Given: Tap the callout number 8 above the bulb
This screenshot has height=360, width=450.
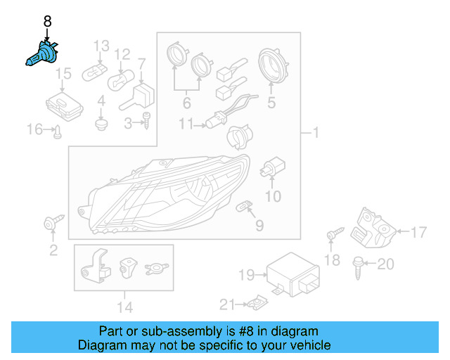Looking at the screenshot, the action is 47,22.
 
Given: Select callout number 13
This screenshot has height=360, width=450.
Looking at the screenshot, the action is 102,46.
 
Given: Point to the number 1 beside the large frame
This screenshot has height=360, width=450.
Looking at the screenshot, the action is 315,133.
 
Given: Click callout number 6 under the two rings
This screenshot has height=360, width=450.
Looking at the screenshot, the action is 187,103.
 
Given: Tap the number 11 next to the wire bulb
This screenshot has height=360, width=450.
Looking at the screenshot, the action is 186,124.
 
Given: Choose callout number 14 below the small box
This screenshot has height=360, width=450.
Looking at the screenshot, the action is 124,306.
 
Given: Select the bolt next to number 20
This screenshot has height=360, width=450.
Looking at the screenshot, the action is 357,264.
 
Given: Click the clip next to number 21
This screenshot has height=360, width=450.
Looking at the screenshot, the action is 257,303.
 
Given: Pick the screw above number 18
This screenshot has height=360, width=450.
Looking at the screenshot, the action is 333,233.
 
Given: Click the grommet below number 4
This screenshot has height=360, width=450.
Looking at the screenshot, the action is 101,125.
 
